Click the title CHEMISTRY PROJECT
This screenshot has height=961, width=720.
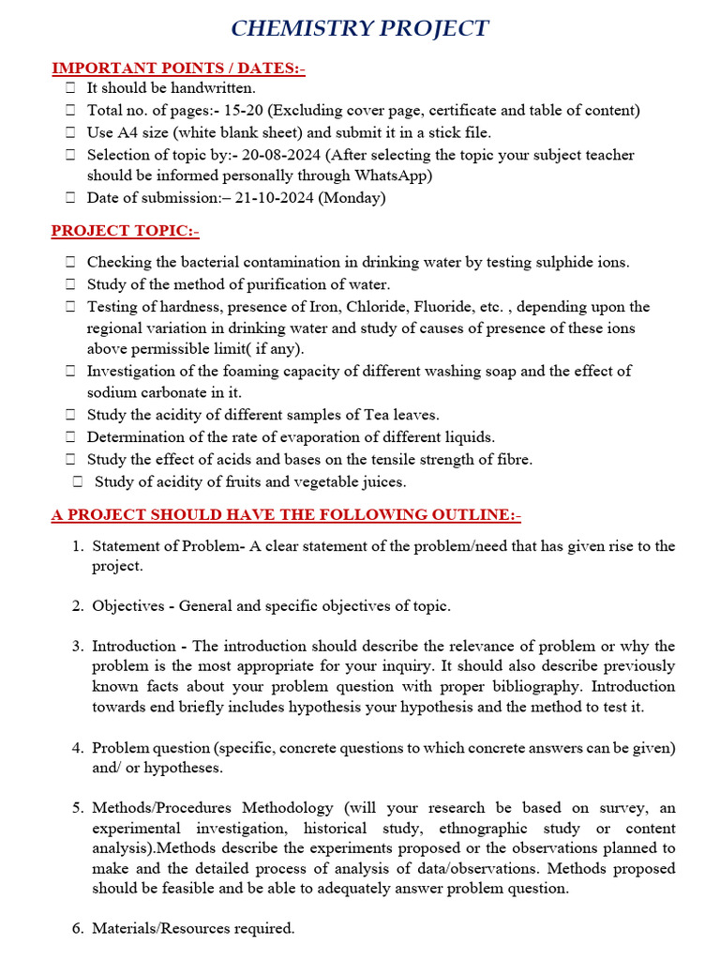[360, 28]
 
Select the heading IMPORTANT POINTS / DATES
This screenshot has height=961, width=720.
[177, 69]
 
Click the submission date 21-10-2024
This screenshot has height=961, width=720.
[278, 198]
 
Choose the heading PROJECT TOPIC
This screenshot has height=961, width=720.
[125, 231]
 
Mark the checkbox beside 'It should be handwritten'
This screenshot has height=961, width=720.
[70, 88]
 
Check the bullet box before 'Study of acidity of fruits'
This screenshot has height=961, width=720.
[78, 482]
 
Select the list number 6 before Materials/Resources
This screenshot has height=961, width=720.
[78, 929]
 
